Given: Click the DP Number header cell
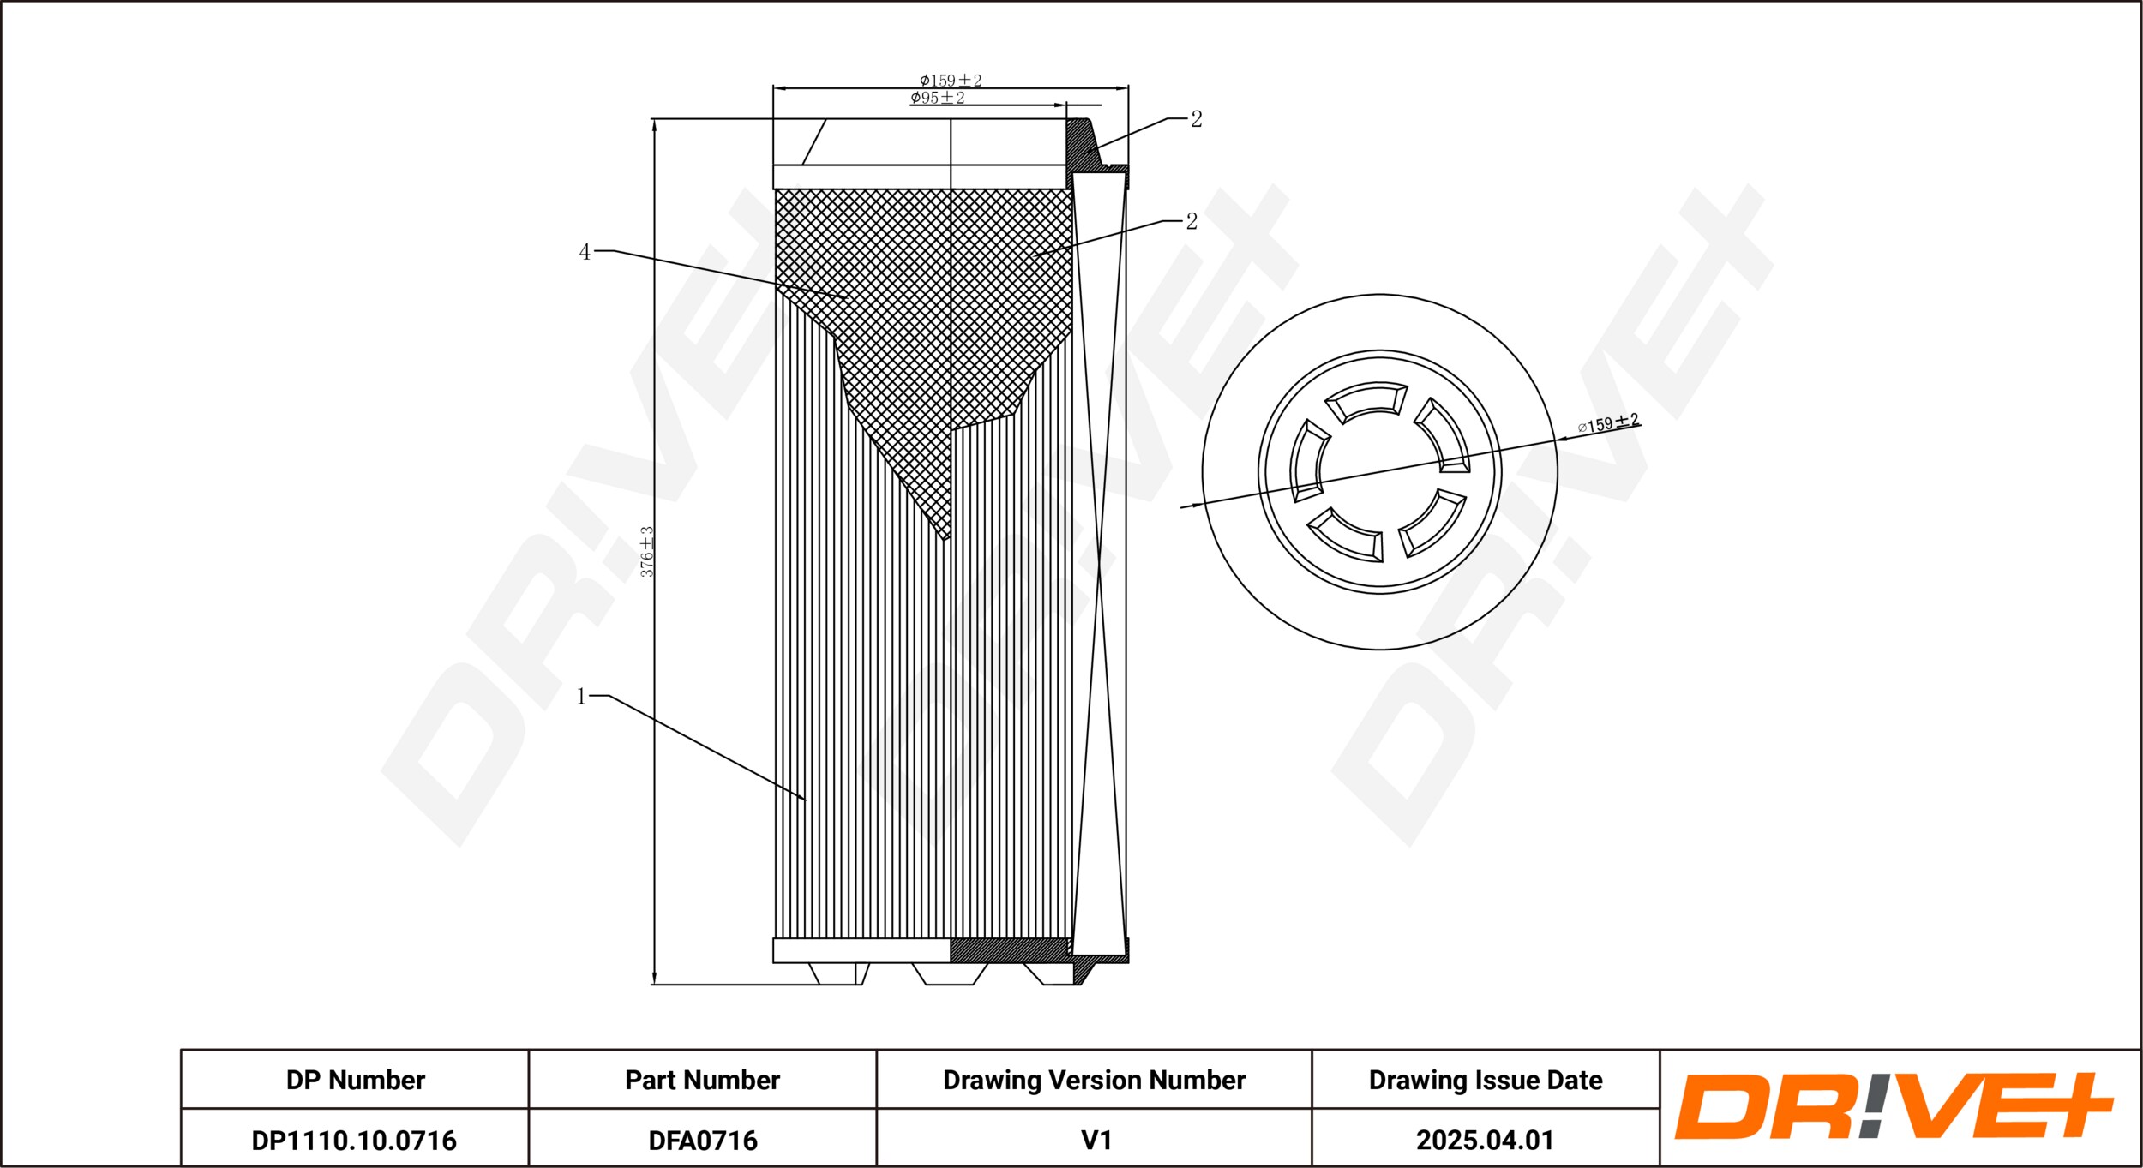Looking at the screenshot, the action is pos(355,1080).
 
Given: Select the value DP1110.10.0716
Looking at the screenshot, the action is pos(354,1141).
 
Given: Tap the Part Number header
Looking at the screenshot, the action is pos(702,1080).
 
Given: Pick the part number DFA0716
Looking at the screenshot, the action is pos(703,1141).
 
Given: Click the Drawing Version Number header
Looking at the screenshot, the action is pos(1094,1080).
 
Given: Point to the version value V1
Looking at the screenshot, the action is pos(1096,1141).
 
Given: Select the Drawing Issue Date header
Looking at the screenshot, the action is pos(1486,1080).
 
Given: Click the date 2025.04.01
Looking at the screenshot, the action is pos(1485,1141).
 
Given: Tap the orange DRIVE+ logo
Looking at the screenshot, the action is pos(1893,1106).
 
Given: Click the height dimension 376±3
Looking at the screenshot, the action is pos(647,552).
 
